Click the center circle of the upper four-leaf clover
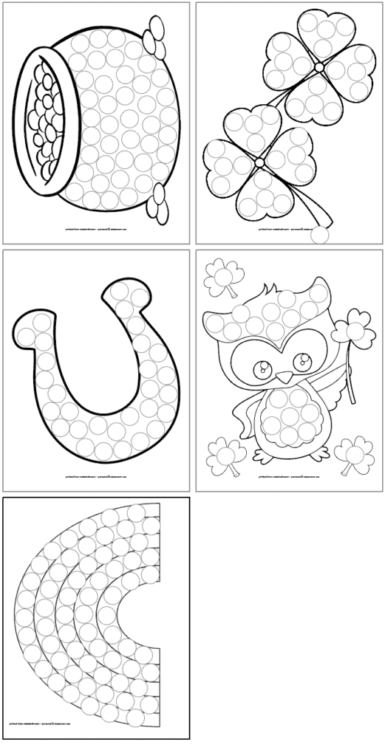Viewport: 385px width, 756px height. [x=318, y=67]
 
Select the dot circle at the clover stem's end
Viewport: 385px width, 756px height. [x=323, y=235]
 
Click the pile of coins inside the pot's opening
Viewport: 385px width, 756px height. [x=44, y=117]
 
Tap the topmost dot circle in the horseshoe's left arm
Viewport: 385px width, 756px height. [x=28, y=321]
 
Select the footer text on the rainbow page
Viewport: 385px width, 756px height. [x=95, y=726]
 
